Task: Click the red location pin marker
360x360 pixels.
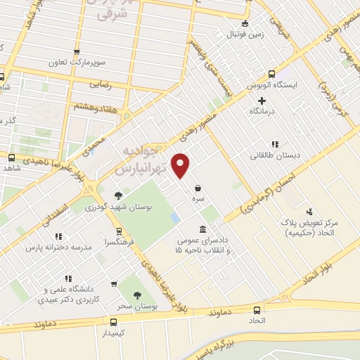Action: (181, 165)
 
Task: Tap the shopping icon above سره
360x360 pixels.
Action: (199, 188)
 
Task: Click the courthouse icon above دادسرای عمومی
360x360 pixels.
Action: (203, 230)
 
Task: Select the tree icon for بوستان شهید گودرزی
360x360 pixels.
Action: (118, 195)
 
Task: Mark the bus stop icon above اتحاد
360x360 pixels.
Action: (257, 309)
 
